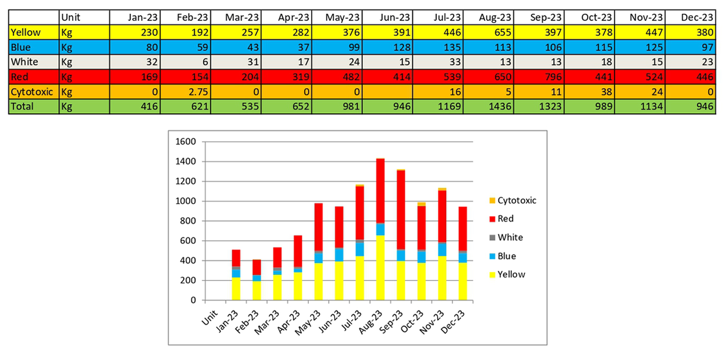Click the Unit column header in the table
pyautogui.click(x=71, y=18)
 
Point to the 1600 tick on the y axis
pyautogui.click(x=187, y=142)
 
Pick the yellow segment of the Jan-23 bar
pyautogui.click(x=236, y=289)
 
